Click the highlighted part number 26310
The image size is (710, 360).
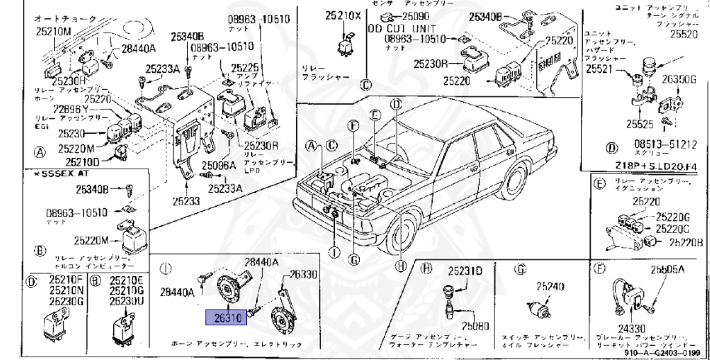pos(225,318)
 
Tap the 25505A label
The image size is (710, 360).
pos(668,269)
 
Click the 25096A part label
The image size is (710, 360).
pos(218,166)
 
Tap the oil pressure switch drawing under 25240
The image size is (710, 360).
pos(537,308)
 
